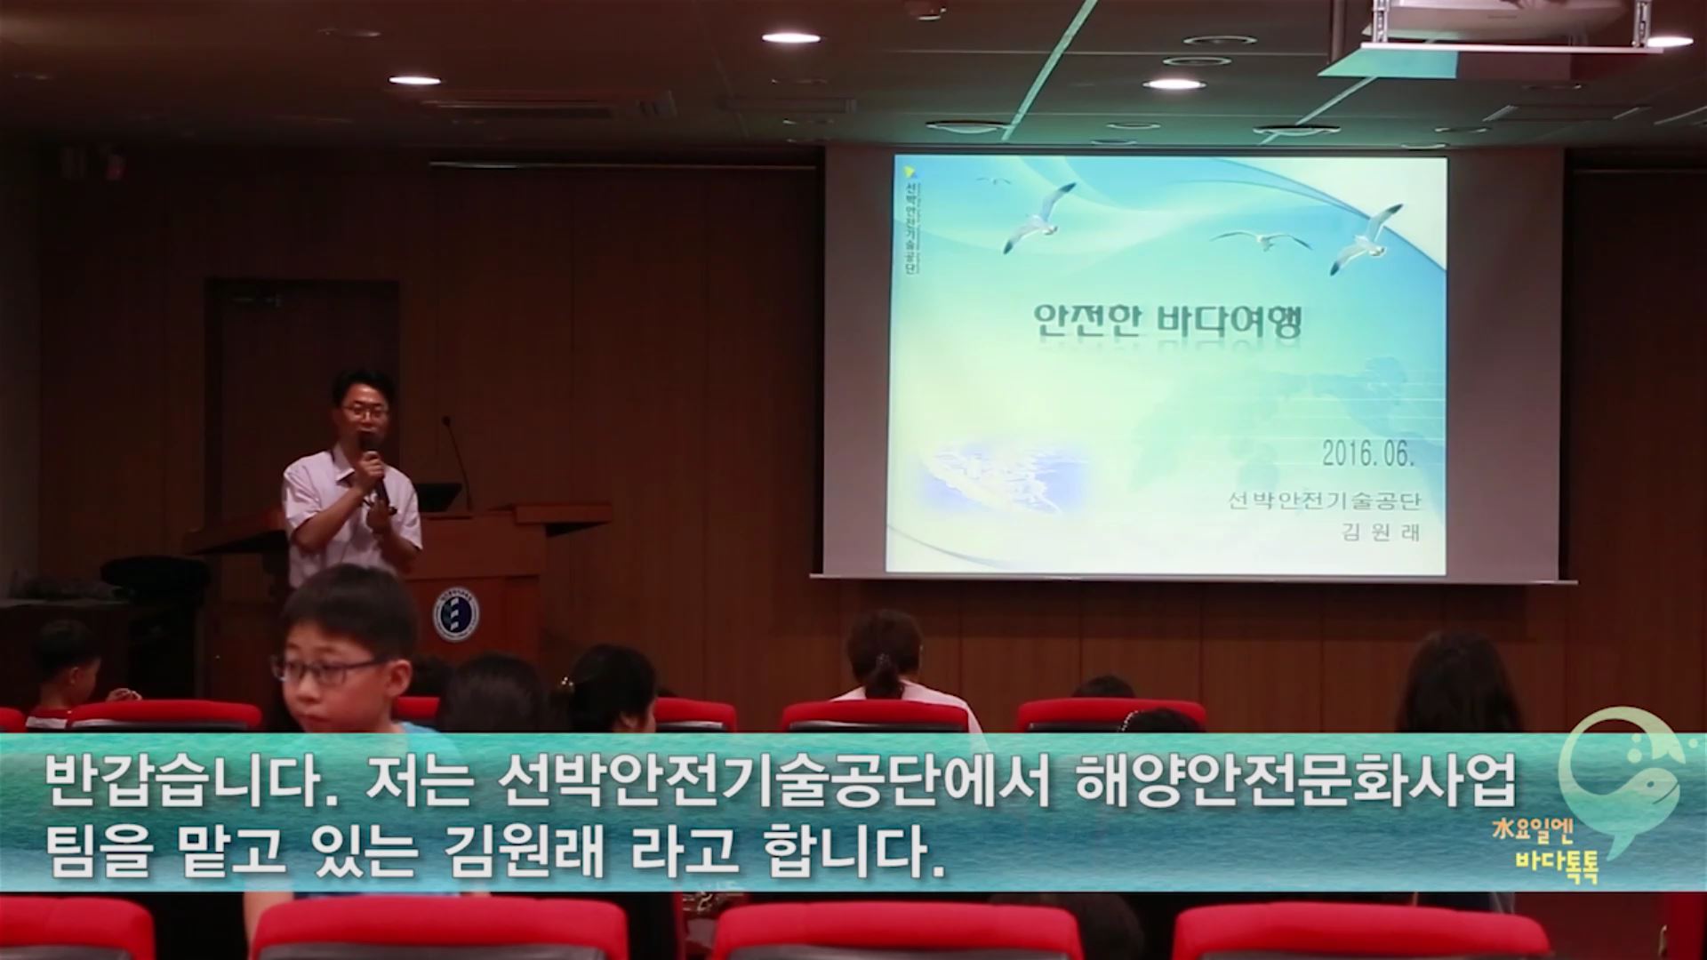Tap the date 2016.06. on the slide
tap(1368, 454)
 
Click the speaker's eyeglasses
tap(365, 411)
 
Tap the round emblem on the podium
tap(456, 613)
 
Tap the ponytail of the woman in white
tap(882, 676)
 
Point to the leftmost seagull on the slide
tap(994, 180)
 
